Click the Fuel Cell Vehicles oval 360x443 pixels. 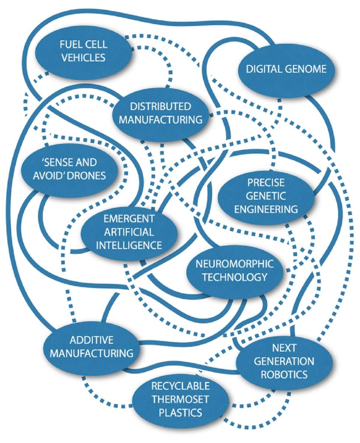tap(84, 51)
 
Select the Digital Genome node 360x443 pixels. tap(287, 69)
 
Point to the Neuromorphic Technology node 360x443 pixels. tap(235, 270)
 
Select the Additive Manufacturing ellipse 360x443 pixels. tap(92, 347)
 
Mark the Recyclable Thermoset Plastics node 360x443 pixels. tap(180, 399)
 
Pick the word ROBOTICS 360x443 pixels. tap(284, 374)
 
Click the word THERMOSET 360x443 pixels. tap(180, 399)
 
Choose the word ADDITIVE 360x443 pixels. tap(92, 340)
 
